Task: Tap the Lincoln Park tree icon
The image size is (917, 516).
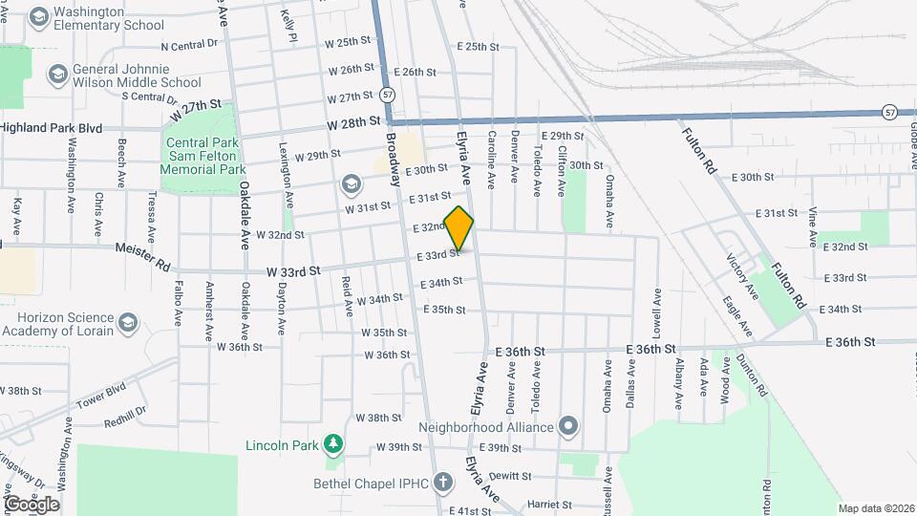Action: (x=332, y=444)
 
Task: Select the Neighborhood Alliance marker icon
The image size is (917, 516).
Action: (x=569, y=426)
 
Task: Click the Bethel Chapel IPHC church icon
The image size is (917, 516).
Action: (x=442, y=483)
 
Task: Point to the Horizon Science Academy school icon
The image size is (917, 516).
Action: (x=129, y=324)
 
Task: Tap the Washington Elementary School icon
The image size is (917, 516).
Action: (x=39, y=17)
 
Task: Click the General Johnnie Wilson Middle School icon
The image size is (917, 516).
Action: (x=57, y=75)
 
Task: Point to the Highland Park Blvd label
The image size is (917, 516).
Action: (x=51, y=127)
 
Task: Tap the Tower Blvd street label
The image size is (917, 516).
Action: (x=100, y=396)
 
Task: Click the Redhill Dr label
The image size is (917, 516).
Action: (x=124, y=413)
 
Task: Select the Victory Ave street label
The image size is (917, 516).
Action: (x=742, y=276)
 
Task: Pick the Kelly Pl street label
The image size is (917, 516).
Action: (x=288, y=26)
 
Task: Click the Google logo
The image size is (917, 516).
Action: (x=31, y=505)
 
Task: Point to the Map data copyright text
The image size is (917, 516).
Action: (x=875, y=508)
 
